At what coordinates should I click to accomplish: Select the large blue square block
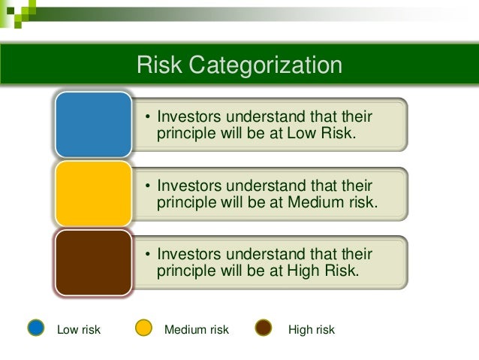93,125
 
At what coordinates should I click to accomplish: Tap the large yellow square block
93,193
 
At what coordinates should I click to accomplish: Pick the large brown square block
93,262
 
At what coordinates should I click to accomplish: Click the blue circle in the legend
36,328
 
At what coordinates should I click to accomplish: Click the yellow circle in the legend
143,328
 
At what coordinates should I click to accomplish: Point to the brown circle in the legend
264,328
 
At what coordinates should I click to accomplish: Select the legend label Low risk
79,330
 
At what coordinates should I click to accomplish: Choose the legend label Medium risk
196,330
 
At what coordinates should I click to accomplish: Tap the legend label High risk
312,330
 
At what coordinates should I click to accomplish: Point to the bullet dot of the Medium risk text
148,186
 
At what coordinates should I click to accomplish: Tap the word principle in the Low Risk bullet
185,134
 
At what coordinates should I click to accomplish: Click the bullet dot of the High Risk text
148,255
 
